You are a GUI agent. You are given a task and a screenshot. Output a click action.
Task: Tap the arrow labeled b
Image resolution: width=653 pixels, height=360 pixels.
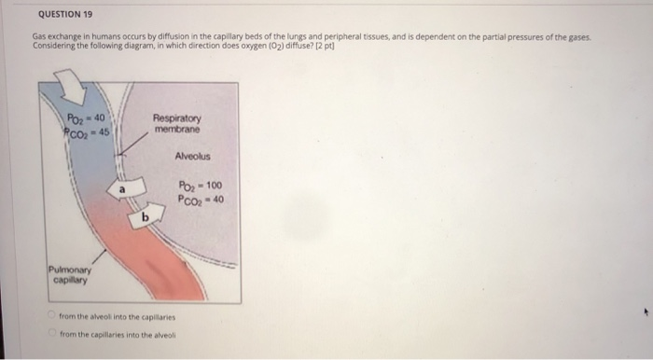click(142, 215)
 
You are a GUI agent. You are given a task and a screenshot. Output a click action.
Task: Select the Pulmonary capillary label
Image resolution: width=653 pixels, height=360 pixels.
click(68, 275)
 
